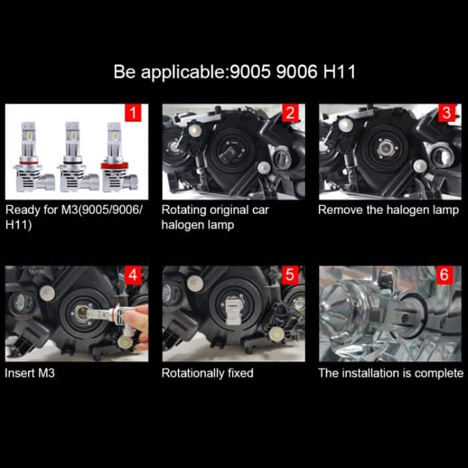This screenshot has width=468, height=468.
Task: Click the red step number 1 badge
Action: pos(134,113)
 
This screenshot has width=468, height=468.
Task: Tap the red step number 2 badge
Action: pos(290,113)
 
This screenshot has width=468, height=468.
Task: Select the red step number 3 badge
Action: pos(447,113)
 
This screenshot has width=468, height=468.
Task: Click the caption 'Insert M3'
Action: pos(30,372)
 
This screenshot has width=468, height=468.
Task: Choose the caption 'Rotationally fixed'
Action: pos(207,372)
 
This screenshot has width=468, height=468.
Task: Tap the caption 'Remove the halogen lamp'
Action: pos(388,210)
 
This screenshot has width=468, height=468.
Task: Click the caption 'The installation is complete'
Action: pos(390,372)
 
